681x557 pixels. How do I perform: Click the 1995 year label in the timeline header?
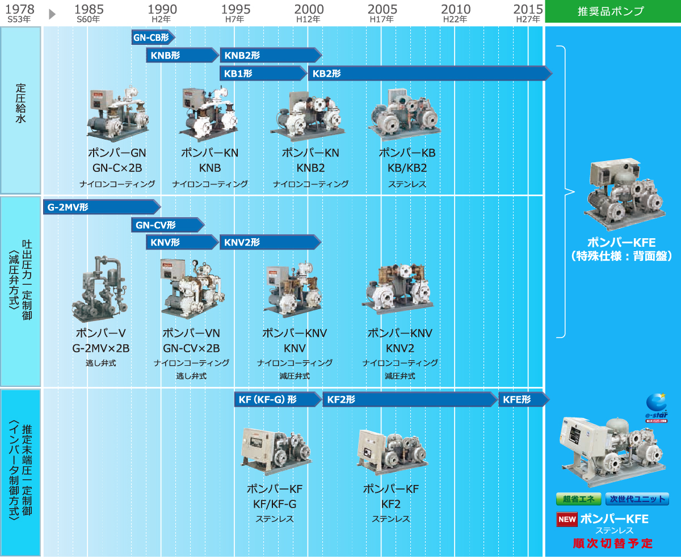click(x=236, y=9)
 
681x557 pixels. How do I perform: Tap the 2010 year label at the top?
click(x=456, y=9)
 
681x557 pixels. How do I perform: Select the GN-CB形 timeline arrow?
click(x=153, y=37)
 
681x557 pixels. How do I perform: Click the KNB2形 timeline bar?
click(x=271, y=55)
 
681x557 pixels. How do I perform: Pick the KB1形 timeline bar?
click(x=263, y=74)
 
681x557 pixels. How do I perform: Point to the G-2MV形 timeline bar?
click(x=102, y=207)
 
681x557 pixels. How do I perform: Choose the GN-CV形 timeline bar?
click(x=168, y=225)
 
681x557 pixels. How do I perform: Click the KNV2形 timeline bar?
click(x=271, y=242)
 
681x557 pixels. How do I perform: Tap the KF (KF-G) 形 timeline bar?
click(x=278, y=399)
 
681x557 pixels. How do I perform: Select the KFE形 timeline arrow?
click(x=524, y=399)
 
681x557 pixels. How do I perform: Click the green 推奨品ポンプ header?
click(x=613, y=11)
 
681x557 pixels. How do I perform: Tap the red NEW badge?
click(x=567, y=519)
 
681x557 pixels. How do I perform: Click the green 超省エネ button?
click(x=579, y=499)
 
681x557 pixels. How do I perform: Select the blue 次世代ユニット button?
click(x=637, y=499)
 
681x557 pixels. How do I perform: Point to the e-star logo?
click(x=657, y=408)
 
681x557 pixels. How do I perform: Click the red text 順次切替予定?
click(x=613, y=543)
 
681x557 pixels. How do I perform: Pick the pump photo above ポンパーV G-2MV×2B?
click(x=100, y=289)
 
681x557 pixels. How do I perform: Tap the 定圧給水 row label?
click(x=20, y=103)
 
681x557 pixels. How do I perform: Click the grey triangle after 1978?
click(x=52, y=14)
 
